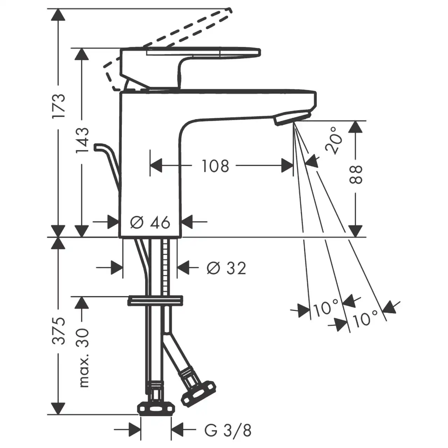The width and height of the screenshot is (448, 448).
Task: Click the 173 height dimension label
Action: point(58,106)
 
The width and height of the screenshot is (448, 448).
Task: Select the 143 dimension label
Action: point(82,140)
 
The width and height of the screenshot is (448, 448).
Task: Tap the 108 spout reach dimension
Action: point(216,166)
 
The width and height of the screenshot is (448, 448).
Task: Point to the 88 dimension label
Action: point(356,174)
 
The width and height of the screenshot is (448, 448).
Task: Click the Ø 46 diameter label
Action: point(150,222)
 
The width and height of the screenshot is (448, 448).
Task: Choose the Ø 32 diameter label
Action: point(226,268)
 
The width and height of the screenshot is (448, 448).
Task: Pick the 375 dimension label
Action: point(58,330)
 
